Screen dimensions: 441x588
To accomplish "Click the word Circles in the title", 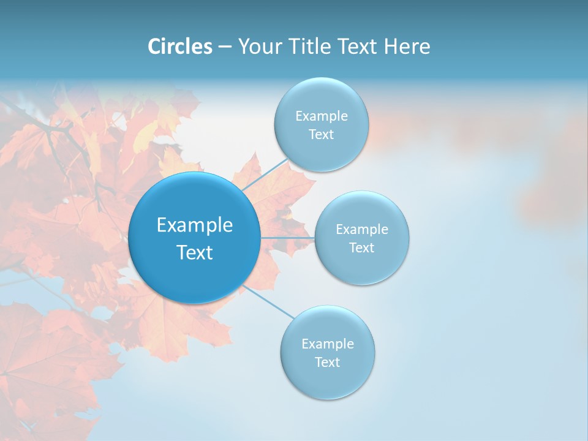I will click(x=179, y=47).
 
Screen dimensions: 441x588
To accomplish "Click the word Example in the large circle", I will click(x=195, y=225).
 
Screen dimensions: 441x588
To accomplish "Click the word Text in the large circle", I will click(x=195, y=252).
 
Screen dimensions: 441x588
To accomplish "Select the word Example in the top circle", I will click(x=322, y=116).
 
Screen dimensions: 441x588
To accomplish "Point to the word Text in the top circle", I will click(x=321, y=135).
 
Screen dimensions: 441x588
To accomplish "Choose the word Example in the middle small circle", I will click(x=362, y=230).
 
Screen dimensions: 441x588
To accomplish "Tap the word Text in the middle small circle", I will click(x=361, y=247).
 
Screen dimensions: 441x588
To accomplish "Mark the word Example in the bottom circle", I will click(x=328, y=344).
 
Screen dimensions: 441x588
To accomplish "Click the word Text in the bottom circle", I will click(x=327, y=363).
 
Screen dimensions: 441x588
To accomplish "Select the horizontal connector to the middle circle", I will click(x=287, y=238).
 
